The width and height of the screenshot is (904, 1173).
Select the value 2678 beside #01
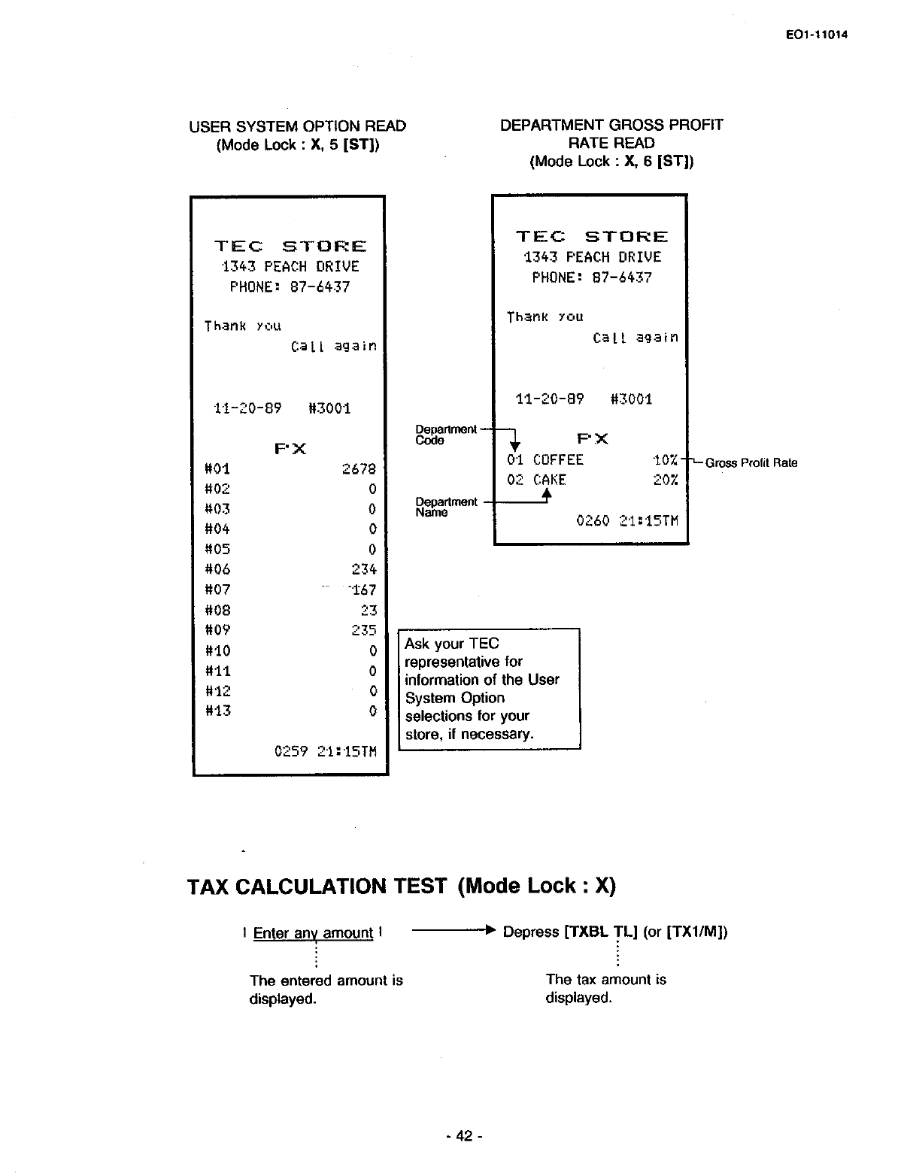[x=359, y=469]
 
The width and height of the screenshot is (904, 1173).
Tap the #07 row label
[x=217, y=590]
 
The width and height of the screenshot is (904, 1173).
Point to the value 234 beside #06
[x=364, y=570]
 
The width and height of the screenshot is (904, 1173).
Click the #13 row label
[x=217, y=711]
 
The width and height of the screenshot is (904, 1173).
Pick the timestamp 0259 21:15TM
[x=325, y=751]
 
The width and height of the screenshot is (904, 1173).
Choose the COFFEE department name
[x=558, y=460]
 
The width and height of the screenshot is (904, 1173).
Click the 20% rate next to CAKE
[x=666, y=480]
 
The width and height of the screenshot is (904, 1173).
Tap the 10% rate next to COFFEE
[x=666, y=460]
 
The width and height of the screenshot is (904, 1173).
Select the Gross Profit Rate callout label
[x=751, y=463]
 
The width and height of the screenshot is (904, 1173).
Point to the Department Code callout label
[x=446, y=435]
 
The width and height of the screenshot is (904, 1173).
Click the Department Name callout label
[x=446, y=507]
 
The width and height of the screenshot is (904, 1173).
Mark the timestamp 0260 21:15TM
[x=626, y=520]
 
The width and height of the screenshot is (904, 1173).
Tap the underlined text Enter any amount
[x=313, y=933]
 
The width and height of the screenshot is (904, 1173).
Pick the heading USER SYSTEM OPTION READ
[x=297, y=126]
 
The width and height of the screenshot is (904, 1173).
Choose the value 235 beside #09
[x=364, y=630]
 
